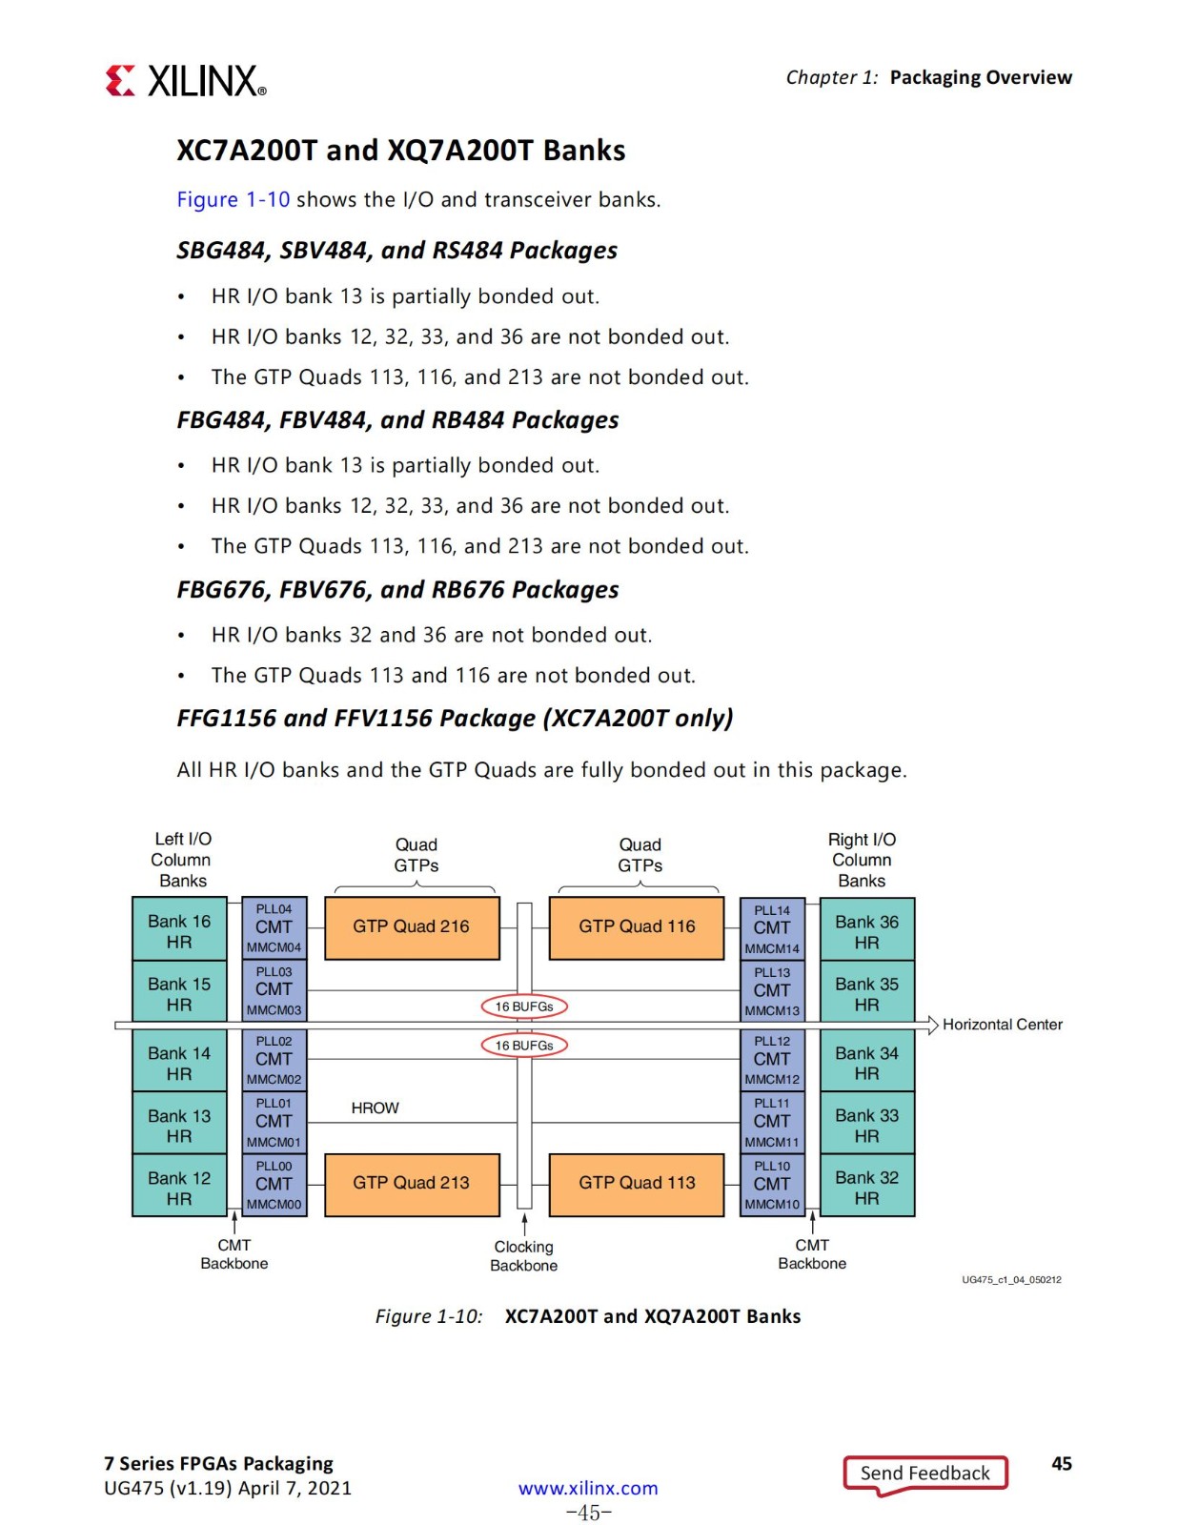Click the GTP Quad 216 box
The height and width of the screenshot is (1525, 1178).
(x=412, y=927)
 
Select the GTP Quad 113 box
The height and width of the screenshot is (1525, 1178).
(x=637, y=1184)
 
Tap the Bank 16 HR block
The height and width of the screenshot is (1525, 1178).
(x=179, y=929)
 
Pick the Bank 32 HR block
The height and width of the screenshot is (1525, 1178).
(x=867, y=1186)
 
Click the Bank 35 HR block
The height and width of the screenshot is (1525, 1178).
(x=867, y=991)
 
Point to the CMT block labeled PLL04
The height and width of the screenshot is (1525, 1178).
(x=274, y=928)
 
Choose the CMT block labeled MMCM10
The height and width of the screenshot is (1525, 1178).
(x=772, y=1186)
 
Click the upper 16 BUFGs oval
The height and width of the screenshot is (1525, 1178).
(x=524, y=1006)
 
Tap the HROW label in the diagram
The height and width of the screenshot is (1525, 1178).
(x=375, y=1108)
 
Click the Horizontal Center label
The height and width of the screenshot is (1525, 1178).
(x=1002, y=1025)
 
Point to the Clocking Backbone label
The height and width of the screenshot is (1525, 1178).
(x=523, y=1256)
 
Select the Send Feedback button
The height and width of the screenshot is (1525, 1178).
(x=925, y=1474)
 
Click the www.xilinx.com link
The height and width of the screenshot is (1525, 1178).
(x=588, y=1488)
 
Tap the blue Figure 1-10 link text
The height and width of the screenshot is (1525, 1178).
(x=233, y=199)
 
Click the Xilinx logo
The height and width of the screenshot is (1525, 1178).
(x=186, y=81)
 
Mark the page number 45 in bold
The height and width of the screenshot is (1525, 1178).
(x=1062, y=1463)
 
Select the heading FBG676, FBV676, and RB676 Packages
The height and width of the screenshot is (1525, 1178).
(x=397, y=589)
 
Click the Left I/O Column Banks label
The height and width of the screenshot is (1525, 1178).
(x=182, y=860)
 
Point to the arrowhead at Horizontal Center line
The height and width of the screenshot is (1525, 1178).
(x=933, y=1026)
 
